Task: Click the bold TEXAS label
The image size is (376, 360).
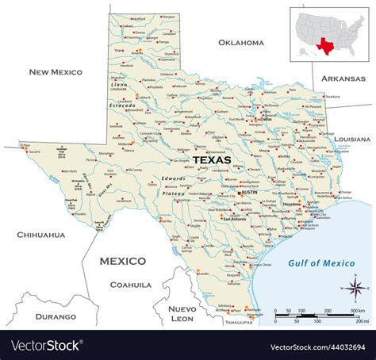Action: pos(212,159)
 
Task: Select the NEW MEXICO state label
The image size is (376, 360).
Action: pos(56,72)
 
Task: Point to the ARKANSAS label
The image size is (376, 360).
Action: pos(343,79)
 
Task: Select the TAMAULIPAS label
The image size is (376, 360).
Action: pos(238,323)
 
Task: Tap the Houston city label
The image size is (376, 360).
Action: pos(292,205)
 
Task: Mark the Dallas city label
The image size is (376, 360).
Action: pos(276,120)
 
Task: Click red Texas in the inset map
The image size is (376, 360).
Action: pos(324,44)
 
